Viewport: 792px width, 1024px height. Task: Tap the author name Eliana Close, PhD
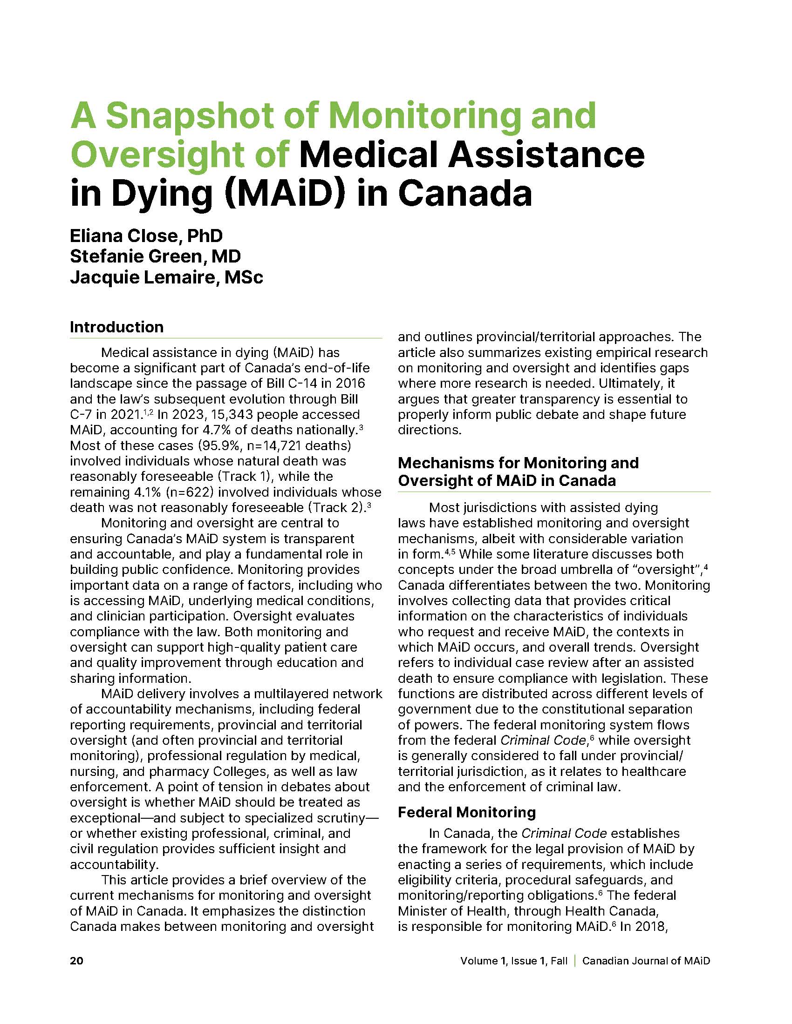(146, 236)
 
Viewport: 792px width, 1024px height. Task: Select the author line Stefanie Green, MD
(155, 256)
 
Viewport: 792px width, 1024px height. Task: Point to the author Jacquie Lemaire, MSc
(167, 277)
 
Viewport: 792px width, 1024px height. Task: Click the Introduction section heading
(117, 327)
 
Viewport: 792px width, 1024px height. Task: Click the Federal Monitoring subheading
(466, 812)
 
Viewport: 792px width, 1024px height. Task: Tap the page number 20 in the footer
(76, 961)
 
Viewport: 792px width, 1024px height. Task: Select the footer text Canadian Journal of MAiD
(646, 961)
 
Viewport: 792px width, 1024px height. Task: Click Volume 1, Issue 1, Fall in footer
(514, 961)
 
